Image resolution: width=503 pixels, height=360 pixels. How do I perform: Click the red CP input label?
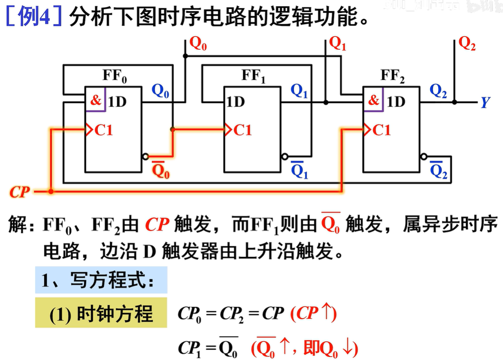click(x=20, y=192)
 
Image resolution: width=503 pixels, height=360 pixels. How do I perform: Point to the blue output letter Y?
click(x=485, y=103)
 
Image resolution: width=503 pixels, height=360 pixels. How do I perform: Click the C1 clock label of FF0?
click(x=104, y=130)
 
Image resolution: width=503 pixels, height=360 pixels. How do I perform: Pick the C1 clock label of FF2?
click(x=381, y=130)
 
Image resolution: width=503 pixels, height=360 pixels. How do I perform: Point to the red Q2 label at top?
click(x=467, y=44)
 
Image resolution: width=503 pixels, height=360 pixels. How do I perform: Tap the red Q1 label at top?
click(x=338, y=44)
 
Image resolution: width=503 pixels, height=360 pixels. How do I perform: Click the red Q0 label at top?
click(x=198, y=44)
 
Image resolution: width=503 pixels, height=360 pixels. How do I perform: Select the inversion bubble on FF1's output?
click(x=284, y=157)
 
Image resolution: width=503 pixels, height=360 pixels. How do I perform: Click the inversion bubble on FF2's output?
click(x=423, y=157)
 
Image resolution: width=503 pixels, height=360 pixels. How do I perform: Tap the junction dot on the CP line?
click(x=51, y=192)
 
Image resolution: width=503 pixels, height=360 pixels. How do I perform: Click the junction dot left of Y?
click(x=454, y=102)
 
